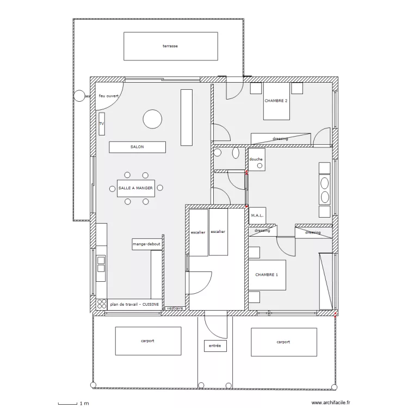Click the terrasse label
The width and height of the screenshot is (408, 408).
170,46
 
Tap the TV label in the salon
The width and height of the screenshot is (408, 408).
102,123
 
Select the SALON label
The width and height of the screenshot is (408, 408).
137,147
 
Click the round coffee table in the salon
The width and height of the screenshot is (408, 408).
152,119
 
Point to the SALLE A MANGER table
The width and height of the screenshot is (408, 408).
136,188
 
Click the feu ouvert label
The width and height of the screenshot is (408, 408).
109,96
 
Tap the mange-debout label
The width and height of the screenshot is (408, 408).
147,244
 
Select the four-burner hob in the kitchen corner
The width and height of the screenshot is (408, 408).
102,304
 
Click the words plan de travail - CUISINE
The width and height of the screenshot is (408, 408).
134,304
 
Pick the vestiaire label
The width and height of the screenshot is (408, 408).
175,308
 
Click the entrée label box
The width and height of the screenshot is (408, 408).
215,346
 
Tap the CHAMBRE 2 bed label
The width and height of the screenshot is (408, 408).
276,101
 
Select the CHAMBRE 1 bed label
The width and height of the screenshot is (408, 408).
267,275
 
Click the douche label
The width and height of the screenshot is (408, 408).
256,159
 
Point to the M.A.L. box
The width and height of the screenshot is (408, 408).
257,215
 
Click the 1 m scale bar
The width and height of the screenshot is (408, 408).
67,404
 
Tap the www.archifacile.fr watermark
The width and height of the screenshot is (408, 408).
331,403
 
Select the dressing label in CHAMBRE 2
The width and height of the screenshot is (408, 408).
280,139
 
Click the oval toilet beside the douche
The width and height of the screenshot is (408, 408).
236,153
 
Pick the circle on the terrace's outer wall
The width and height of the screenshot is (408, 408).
79,96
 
